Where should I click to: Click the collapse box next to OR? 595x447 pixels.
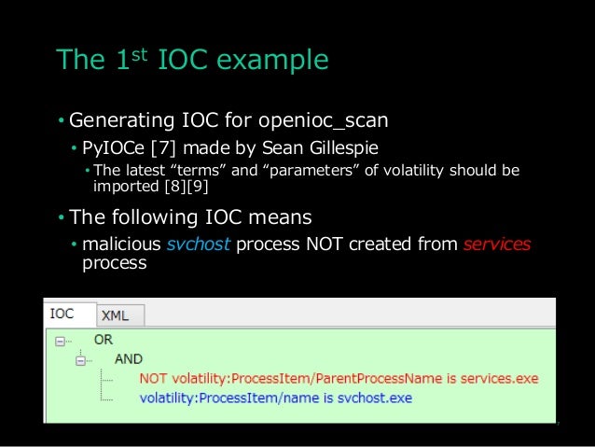pos(61,342)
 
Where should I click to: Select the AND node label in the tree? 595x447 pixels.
pos(129,359)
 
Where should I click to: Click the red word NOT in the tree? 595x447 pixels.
pos(153,379)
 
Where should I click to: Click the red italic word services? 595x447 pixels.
pos(496,244)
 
